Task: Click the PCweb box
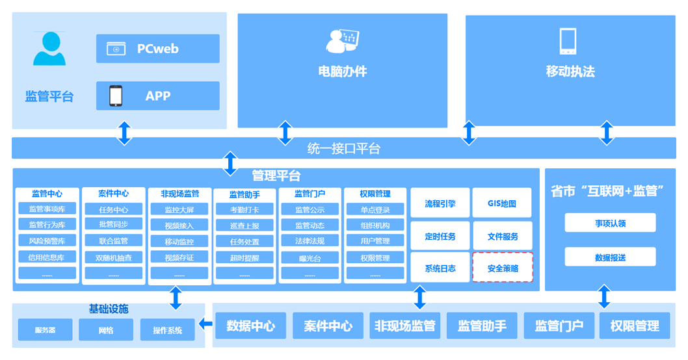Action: (x=157, y=49)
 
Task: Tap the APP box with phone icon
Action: (x=157, y=96)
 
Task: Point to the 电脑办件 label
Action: (x=342, y=71)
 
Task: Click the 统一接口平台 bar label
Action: (x=343, y=148)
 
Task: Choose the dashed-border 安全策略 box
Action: (x=502, y=268)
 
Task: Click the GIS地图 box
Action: (x=502, y=203)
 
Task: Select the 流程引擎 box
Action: (x=440, y=203)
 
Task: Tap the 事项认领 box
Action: (x=609, y=223)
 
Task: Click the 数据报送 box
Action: (x=609, y=257)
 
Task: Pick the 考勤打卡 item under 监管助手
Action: (x=244, y=209)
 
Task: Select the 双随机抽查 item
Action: (x=113, y=257)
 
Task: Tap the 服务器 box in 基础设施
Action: (x=45, y=330)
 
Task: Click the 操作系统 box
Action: (x=167, y=330)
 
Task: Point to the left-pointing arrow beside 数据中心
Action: (x=205, y=323)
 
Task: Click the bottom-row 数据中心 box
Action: (x=250, y=326)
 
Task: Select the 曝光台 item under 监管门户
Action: (x=309, y=257)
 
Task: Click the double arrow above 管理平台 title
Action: (x=230, y=163)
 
